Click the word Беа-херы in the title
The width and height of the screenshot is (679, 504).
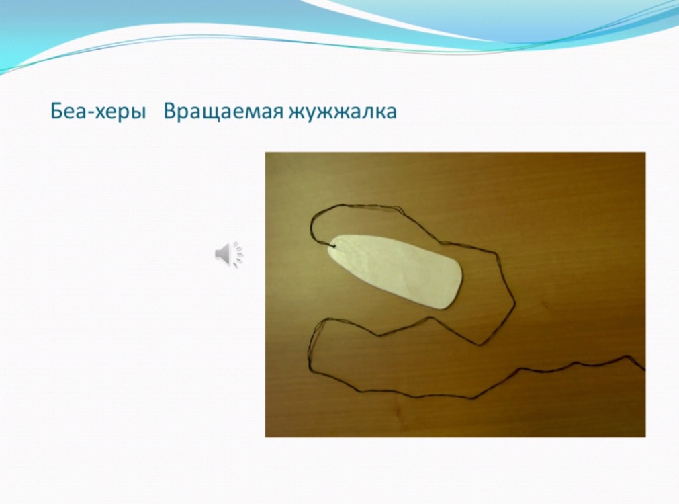[97, 112]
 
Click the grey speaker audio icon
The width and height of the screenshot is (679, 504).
[229, 254]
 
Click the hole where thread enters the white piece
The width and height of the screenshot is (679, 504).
[333, 247]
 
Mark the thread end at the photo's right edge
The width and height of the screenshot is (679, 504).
[644, 370]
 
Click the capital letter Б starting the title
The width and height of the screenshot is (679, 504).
[57, 112]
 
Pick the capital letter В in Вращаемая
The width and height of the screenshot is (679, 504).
[171, 112]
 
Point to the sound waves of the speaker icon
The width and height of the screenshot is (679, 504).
[238, 254]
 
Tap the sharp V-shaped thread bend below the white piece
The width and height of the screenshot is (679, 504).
[480, 345]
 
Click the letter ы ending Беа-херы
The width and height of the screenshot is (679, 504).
[138, 114]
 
